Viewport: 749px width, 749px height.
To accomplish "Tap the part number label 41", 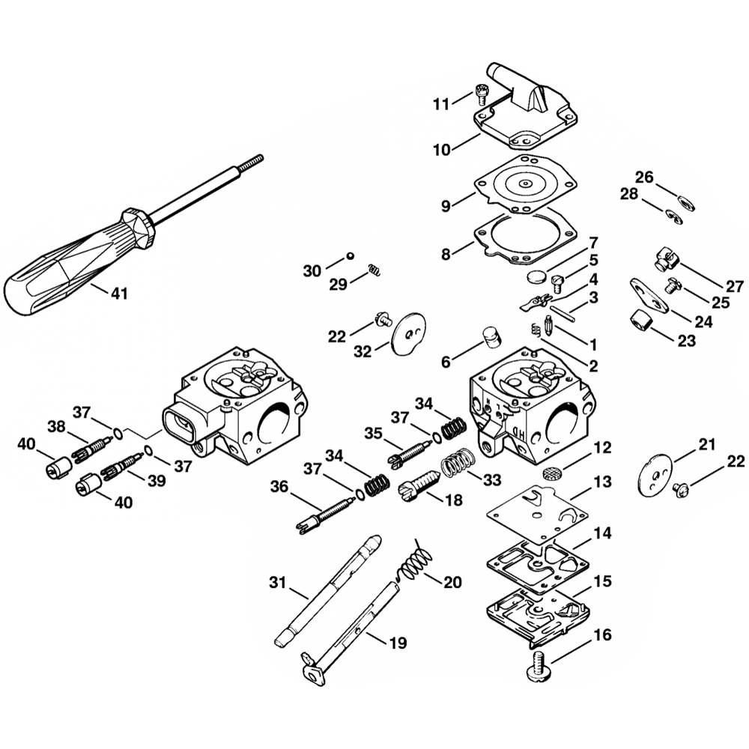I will (x=119, y=294).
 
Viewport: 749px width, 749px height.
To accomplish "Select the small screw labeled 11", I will (x=481, y=96).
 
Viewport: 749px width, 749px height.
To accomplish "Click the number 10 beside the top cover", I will (x=442, y=149).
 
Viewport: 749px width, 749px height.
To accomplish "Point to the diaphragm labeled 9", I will (x=528, y=184).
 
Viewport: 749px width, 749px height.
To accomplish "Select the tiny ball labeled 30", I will (x=349, y=257).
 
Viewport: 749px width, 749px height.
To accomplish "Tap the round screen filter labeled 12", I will (x=552, y=474).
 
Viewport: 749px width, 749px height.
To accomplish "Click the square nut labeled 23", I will (x=639, y=323).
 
